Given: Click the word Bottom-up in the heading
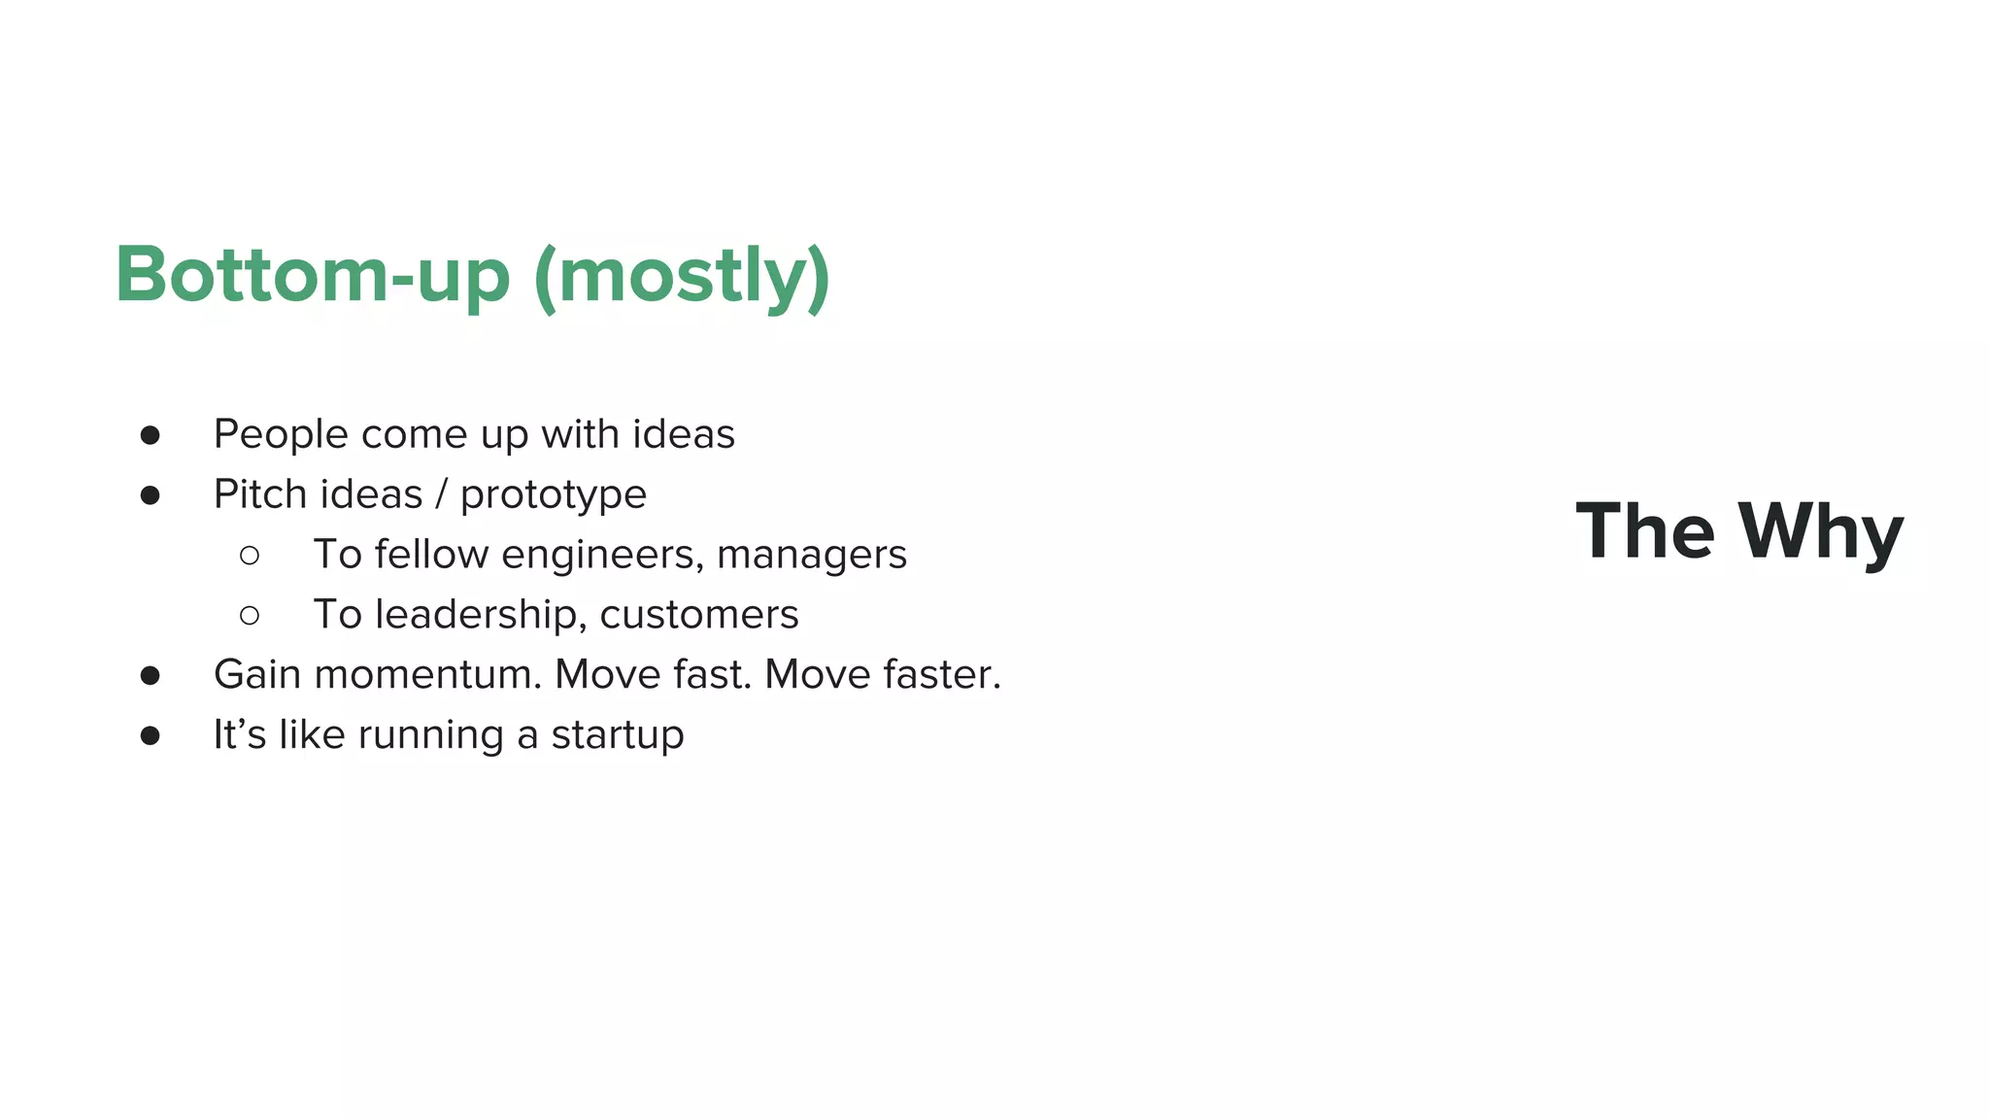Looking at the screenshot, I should point(312,276).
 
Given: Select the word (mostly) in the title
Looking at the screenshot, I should point(682,278).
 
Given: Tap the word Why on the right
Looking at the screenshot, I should point(1821,532).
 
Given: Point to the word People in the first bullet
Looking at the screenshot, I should point(281,434).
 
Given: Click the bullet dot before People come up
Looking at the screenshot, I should point(150,435).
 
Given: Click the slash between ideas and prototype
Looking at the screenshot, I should point(442,494).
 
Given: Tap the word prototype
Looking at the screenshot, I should point(554,496).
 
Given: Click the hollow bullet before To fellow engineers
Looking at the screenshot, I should point(250,556).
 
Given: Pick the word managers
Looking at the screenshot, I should point(812,557).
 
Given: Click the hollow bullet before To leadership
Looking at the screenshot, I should point(250,616).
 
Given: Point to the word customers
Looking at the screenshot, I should point(699,615).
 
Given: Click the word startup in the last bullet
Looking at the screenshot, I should point(618,736).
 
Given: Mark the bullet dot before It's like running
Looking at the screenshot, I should point(150,736).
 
